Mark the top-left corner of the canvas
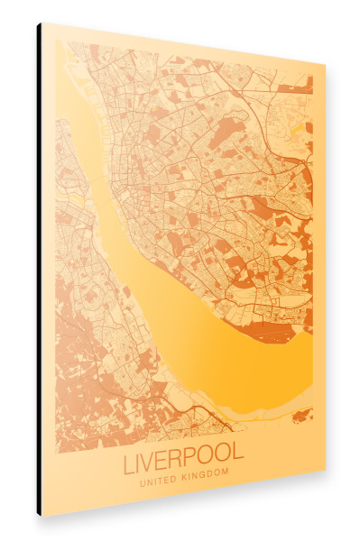pos(42,23)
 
